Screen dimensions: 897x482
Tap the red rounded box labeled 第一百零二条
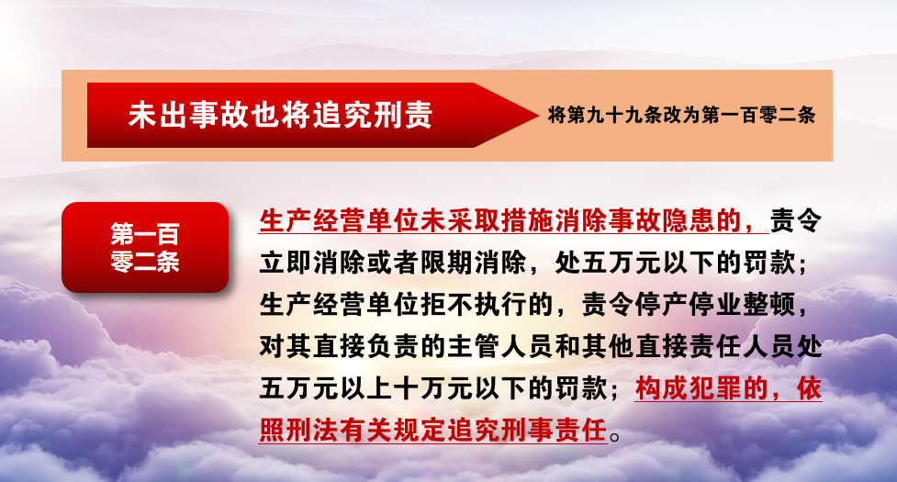point(145,248)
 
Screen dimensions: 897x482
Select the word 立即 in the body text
point(286,263)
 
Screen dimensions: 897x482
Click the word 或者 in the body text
point(394,263)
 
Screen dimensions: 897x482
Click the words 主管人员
point(500,346)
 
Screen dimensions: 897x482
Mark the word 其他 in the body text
point(608,346)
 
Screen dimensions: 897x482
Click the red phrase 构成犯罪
point(689,388)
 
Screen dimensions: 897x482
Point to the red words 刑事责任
point(554,430)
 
